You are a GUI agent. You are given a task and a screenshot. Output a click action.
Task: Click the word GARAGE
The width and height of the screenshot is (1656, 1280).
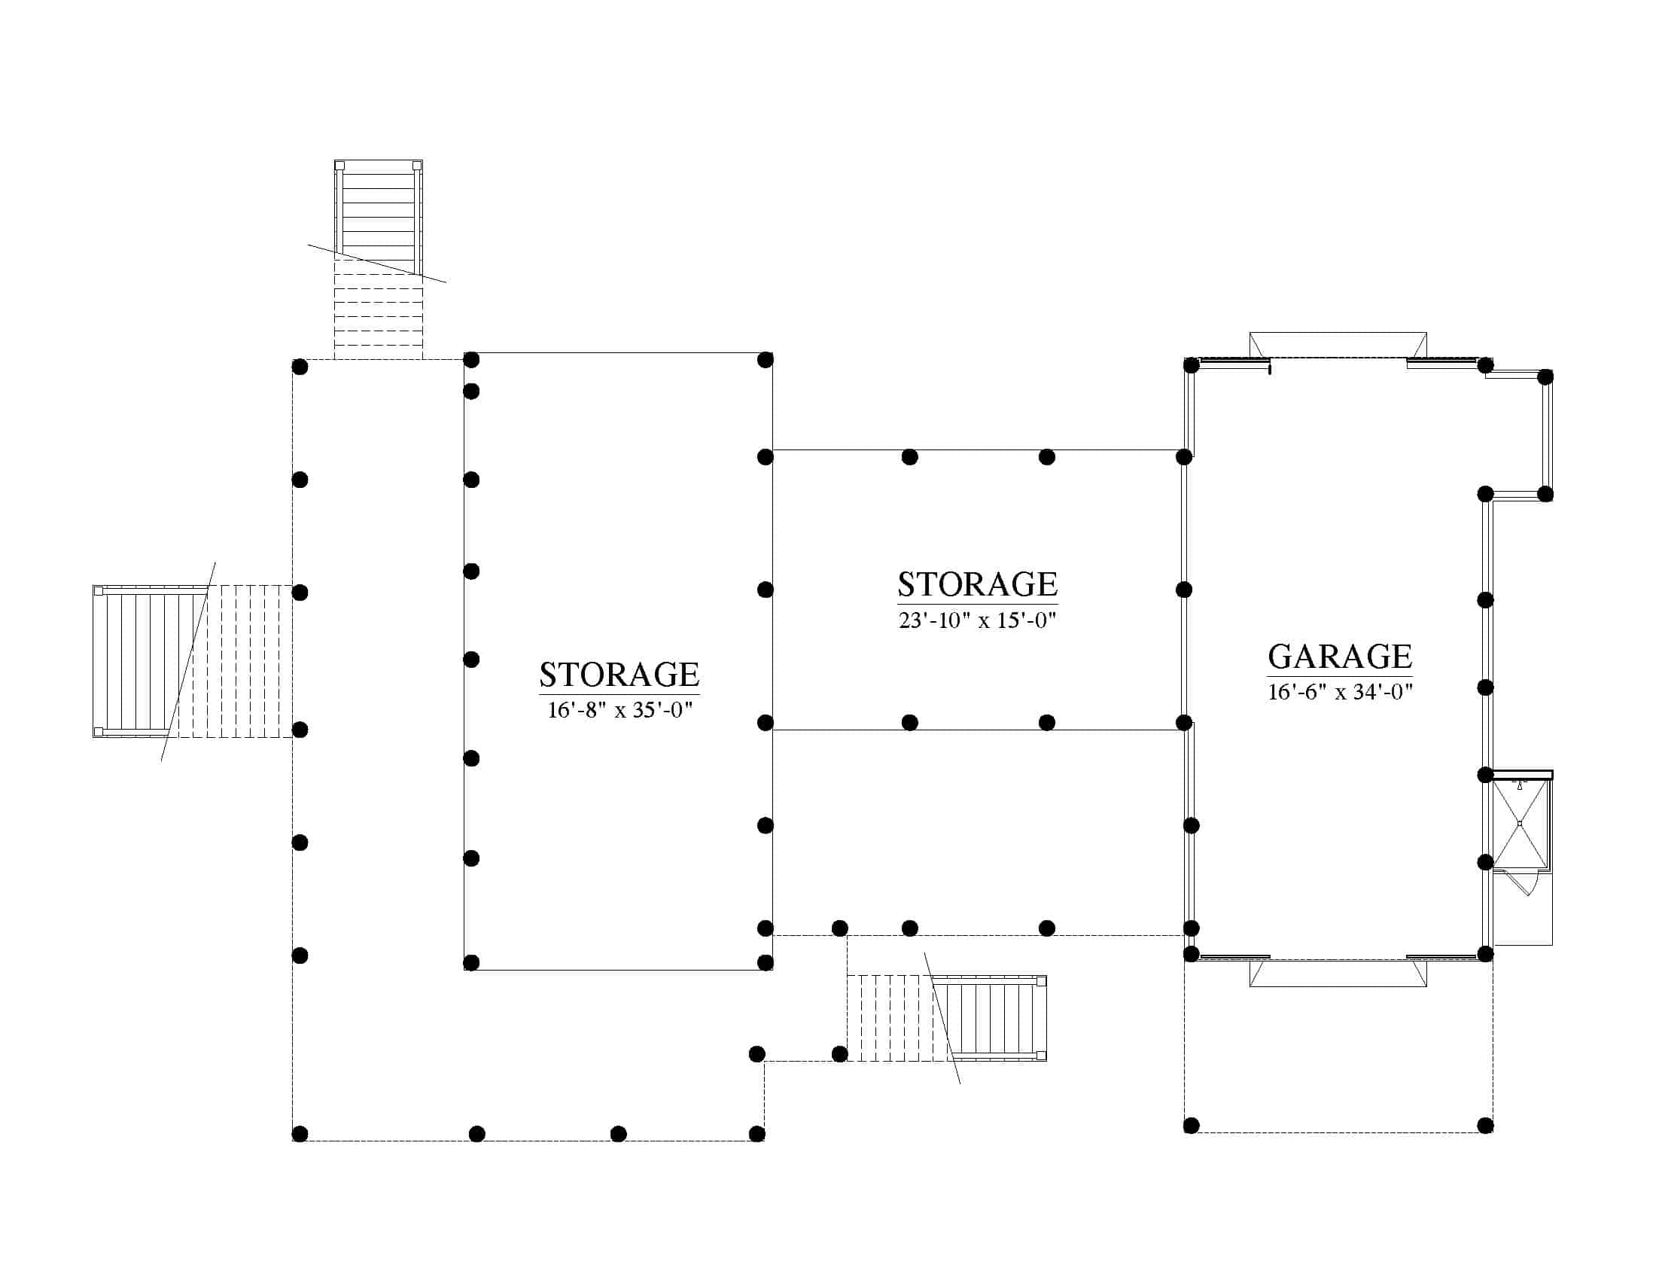1340,657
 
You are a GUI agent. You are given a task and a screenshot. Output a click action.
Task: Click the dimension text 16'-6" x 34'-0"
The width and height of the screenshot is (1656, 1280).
1340,691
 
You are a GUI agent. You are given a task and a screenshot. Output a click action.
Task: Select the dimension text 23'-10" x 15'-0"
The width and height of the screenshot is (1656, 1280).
977,620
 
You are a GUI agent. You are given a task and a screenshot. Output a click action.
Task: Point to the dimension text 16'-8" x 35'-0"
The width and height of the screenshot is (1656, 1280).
619,710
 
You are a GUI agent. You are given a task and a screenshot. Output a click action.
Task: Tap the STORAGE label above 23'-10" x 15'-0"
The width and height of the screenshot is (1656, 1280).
977,584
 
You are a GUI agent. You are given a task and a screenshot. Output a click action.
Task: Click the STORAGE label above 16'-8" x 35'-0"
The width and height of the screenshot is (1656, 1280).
619,674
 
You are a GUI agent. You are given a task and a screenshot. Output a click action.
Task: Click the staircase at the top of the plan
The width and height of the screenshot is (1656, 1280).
379,259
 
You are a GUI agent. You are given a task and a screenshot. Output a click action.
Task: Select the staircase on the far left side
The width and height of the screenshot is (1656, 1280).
193,660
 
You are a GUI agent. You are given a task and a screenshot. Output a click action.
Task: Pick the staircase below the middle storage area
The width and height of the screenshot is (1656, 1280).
947,1018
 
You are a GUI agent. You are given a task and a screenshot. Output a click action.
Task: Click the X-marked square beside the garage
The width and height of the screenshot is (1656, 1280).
1520,824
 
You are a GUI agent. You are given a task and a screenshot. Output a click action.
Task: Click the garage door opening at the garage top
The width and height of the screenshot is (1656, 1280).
1338,345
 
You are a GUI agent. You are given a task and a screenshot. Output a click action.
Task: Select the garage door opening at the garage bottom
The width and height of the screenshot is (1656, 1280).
1338,973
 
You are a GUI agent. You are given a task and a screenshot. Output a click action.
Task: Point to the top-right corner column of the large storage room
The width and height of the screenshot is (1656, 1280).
765,359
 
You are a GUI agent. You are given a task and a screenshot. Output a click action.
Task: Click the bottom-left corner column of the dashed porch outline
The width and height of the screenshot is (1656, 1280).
300,1134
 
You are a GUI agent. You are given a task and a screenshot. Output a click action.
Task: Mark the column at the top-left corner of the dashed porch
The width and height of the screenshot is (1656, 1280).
300,367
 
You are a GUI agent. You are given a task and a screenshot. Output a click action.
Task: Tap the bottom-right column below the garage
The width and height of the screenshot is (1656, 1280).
1485,1126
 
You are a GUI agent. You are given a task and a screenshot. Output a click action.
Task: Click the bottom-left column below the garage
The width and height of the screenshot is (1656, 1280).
1192,1126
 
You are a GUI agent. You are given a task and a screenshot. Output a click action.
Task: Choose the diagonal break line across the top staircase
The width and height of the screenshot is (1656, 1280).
377,264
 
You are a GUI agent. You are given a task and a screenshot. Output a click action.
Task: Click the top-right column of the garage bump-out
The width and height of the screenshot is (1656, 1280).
1545,376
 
